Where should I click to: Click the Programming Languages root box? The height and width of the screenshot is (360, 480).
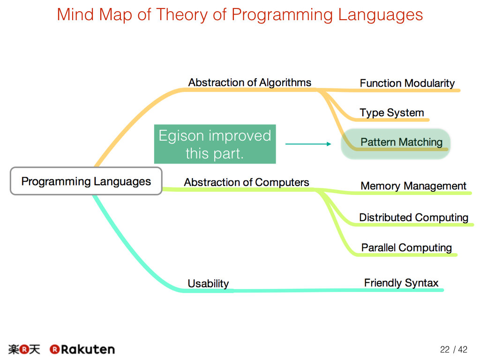[86, 181]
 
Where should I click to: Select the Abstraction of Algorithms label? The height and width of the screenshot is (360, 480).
[249, 82]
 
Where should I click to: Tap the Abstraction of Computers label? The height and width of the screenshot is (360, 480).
[247, 182]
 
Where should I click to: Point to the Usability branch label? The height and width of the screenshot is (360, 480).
[208, 284]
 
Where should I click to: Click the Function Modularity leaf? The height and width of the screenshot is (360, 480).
[407, 83]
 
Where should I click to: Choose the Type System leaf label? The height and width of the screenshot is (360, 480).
[392, 112]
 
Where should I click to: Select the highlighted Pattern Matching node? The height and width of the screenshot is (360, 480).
[396, 143]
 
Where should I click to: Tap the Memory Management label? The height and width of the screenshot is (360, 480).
[413, 186]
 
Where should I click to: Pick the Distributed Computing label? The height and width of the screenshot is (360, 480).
[413, 217]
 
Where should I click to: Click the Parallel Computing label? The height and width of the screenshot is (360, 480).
[406, 247]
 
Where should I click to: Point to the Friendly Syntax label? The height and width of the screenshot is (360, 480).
[401, 283]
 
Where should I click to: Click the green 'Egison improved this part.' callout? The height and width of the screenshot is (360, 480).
[215, 144]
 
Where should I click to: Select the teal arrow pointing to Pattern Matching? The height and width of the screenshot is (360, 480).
[308, 144]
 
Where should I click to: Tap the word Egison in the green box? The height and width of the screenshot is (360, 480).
[181, 136]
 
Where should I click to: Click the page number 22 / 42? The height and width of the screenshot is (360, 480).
[454, 349]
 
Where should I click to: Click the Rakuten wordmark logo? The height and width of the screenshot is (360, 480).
[82, 349]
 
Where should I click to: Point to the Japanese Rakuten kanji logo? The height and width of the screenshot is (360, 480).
[24, 349]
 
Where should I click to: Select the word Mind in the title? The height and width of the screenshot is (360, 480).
[75, 15]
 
